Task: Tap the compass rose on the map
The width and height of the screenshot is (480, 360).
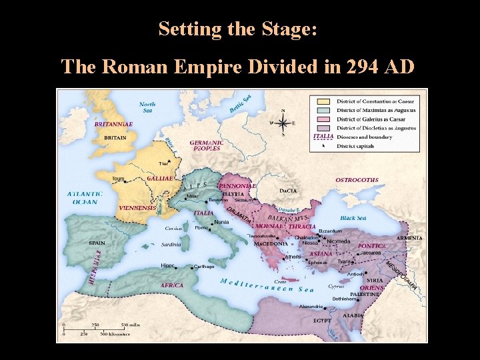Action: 283,123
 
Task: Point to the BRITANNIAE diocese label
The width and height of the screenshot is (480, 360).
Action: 113,124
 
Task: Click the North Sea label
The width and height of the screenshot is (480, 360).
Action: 147,107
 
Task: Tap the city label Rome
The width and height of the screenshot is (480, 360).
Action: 201,227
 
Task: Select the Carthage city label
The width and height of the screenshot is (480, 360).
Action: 203,267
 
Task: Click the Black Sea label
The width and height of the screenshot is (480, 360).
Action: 353,218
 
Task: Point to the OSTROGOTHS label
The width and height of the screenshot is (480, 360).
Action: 357,180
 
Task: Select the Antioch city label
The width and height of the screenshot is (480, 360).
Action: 355,274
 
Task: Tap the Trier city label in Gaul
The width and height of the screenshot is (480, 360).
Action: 163,163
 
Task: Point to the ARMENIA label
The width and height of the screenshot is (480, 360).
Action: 409,238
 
